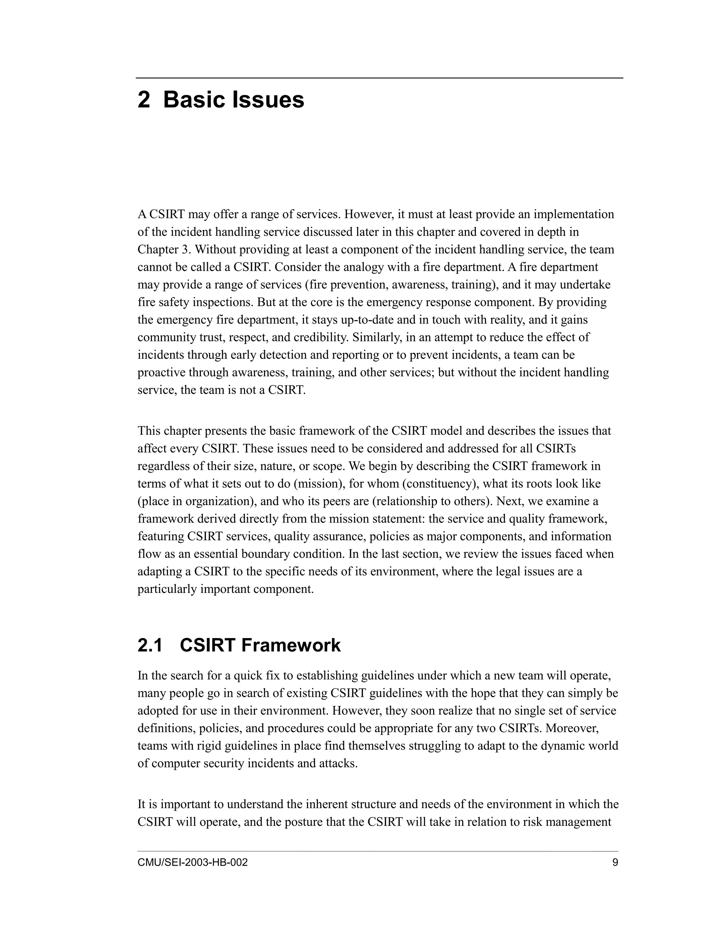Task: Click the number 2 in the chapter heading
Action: (144, 100)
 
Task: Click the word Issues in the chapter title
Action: (269, 100)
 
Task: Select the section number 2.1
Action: (150, 646)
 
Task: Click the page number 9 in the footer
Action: (615, 863)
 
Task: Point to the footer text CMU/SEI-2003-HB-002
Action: (193, 863)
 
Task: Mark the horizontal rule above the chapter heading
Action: (379, 78)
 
